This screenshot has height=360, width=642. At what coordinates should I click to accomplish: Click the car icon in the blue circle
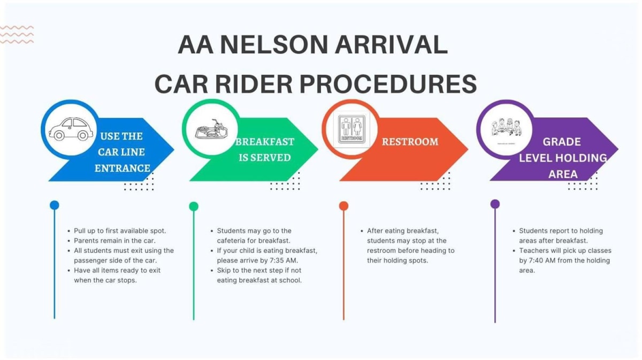point(70,129)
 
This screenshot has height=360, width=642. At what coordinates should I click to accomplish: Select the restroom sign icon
point(351,129)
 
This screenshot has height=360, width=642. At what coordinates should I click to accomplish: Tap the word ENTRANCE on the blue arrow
point(123,168)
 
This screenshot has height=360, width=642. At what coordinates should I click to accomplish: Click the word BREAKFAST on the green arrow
point(265,142)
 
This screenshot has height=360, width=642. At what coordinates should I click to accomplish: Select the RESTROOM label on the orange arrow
point(410,142)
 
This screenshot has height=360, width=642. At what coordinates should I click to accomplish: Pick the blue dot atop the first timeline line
point(54,205)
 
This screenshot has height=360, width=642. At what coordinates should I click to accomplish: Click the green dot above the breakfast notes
point(194,206)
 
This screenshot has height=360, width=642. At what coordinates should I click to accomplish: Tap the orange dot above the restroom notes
point(343,206)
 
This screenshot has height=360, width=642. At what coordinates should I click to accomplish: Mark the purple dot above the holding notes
point(495,204)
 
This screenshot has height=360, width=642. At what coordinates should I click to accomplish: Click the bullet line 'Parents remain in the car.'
point(114,241)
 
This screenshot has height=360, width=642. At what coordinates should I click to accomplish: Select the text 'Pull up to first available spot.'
point(120,231)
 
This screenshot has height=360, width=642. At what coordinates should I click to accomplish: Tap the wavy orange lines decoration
point(17,34)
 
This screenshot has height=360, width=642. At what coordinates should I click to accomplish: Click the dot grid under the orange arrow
point(435,181)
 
